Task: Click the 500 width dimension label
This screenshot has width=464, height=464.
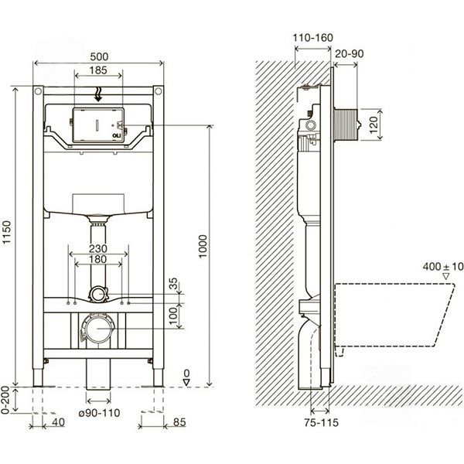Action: click(99, 56)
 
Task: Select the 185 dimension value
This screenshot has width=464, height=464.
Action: click(98, 70)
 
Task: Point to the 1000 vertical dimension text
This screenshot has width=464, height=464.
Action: click(203, 246)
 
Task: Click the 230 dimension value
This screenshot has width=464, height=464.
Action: click(98, 248)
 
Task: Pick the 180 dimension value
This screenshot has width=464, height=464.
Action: click(98, 259)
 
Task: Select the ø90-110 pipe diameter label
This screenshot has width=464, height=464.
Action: click(100, 413)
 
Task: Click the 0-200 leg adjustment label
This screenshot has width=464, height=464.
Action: click(5, 401)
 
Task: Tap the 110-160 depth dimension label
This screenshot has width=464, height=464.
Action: click(312, 38)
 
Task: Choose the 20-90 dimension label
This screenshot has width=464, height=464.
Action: click(350, 53)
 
